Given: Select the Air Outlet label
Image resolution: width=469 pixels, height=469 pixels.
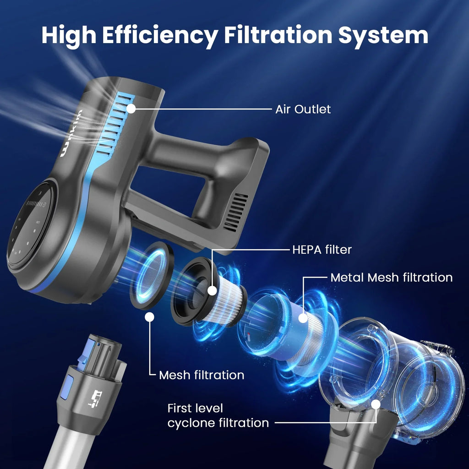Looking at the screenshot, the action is pos(303,109).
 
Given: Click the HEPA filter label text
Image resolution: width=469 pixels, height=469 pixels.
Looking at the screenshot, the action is pos(322,250).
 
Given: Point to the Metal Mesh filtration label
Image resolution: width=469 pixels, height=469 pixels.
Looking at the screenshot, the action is pos(391,278).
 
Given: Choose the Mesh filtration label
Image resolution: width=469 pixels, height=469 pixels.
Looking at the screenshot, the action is pos(202,375).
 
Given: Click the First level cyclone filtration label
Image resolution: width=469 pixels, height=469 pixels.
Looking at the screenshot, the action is pos(218,416).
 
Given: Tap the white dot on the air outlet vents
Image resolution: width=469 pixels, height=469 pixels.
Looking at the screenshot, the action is pos(131,109).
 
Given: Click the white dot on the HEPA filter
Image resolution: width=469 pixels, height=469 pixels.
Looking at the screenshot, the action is pos(212,290).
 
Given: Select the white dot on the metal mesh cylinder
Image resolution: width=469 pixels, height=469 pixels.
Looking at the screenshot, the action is pos(303,318).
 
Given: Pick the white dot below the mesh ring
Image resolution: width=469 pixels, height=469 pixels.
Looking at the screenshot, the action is pos(150,317).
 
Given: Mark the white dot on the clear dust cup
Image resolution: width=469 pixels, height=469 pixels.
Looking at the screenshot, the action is pos(376,405).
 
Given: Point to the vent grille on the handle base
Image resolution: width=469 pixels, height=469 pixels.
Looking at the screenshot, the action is pos(236,212).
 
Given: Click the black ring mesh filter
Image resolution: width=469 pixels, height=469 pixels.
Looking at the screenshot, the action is pos(151,275).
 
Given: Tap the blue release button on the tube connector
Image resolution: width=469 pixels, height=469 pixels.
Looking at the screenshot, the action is pos(67,387).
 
